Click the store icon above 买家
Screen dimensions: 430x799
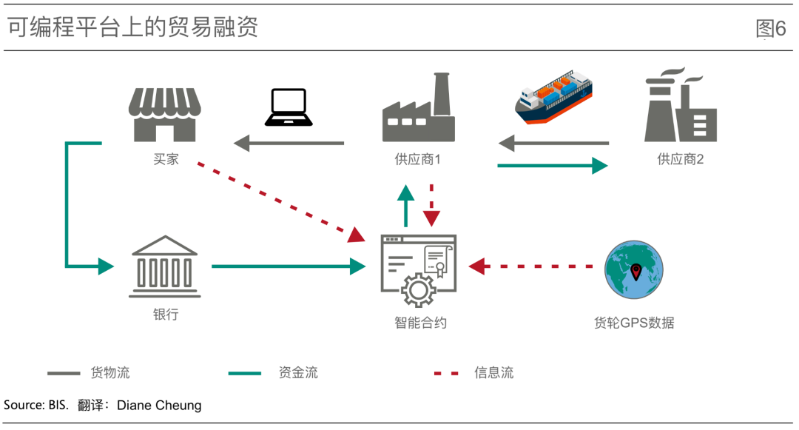pos(166,115)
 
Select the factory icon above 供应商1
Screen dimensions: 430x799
pos(418,109)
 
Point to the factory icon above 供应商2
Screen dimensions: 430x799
pos(679,107)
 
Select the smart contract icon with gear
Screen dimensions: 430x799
pos(418,271)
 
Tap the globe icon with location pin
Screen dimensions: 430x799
pos(633,269)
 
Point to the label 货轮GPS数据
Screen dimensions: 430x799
pos(634,323)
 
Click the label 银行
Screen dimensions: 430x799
pos(165,315)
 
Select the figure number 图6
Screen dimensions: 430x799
pos(770,29)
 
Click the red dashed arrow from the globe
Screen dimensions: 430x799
pos(533,266)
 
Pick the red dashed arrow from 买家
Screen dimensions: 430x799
pos(281,200)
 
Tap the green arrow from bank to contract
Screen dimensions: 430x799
pos(289,266)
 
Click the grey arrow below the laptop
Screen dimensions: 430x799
pos(289,143)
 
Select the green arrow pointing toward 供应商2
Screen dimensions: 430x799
pos(552,166)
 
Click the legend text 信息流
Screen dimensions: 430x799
pos(493,372)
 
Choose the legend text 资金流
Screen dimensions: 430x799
pos(298,372)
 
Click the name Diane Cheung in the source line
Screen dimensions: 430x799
pos(159,406)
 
